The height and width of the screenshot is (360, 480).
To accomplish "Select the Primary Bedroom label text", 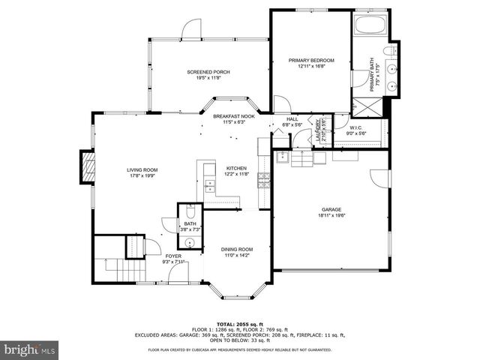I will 310,60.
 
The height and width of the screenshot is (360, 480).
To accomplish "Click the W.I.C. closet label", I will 356,127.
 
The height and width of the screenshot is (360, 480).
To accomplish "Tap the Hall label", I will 292,118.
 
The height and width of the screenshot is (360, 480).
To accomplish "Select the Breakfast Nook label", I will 234,117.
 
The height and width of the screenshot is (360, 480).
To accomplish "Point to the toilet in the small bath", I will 190,211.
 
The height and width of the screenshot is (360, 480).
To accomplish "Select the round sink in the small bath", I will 190,242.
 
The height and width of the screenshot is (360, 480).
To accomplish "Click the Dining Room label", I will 236,250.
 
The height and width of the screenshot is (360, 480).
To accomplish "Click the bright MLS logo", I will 29,350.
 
